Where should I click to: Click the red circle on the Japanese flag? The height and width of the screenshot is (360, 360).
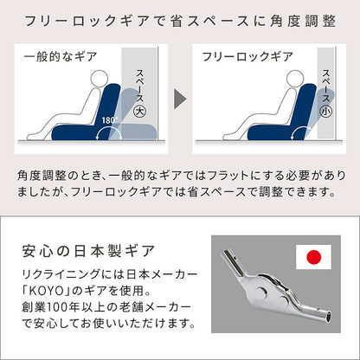(x=313, y=257)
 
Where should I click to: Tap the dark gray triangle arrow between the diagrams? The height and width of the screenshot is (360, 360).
(x=180, y=99)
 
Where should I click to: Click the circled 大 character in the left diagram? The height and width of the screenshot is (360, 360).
(x=140, y=112)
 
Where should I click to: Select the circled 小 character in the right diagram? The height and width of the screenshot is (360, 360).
(x=326, y=112)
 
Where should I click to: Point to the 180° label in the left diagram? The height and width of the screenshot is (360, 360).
(x=110, y=119)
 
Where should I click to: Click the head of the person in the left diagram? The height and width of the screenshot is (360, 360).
(x=100, y=79)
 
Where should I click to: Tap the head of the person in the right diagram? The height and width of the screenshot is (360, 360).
(x=295, y=79)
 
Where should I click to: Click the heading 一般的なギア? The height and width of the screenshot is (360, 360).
(x=60, y=56)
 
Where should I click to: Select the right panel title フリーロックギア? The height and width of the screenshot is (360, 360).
(x=247, y=56)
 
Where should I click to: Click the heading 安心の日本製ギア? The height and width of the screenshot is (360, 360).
(x=88, y=251)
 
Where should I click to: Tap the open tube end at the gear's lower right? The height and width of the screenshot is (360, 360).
(x=329, y=318)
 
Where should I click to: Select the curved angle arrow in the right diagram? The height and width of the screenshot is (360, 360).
(x=298, y=133)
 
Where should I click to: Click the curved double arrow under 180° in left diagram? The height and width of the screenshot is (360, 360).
(x=109, y=132)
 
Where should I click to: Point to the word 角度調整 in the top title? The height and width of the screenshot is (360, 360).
(x=303, y=21)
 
